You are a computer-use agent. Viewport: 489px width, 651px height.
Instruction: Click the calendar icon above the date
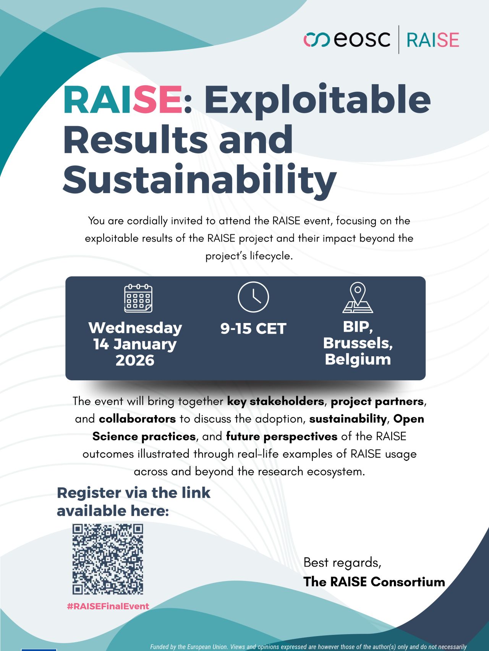pyautogui.click(x=138, y=298)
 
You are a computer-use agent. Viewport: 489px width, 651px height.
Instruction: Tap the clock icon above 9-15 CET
pyautogui.click(x=253, y=297)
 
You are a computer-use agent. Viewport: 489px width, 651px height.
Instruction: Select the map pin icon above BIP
pyautogui.click(x=358, y=298)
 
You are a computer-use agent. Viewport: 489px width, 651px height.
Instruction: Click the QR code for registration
pyautogui.click(x=108, y=559)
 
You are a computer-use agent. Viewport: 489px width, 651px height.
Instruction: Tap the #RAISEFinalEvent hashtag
pyautogui.click(x=108, y=606)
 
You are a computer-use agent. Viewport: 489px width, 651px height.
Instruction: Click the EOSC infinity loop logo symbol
pyautogui.click(x=317, y=40)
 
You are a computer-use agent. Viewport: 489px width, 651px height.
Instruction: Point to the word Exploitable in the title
pyautogui.click(x=317, y=99)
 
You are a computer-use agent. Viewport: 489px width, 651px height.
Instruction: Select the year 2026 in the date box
pyautogui.click(x=135, y=360)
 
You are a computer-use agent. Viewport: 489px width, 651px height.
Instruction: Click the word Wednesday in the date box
pyautogui.click(x=135, y=328)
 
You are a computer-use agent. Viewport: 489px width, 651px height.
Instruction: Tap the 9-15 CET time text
pyautogui.click(x=253, y=328)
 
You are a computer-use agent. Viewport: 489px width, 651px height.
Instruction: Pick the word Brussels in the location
pyautogui.click(x=358, y=343)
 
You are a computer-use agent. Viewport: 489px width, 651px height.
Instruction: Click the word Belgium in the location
pyautogui.click(x=358, y=359)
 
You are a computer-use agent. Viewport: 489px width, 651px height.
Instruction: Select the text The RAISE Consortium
pyautogui.click(x=374, y=581)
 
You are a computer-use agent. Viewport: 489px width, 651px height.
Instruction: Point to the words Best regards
pyautogui.click(x=342, y=563)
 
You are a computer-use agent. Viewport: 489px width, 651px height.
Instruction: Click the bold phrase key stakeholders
pyautogui.click(x=275, y=401)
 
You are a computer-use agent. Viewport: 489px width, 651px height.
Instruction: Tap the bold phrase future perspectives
pyautogui.click(x=282, y=437)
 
